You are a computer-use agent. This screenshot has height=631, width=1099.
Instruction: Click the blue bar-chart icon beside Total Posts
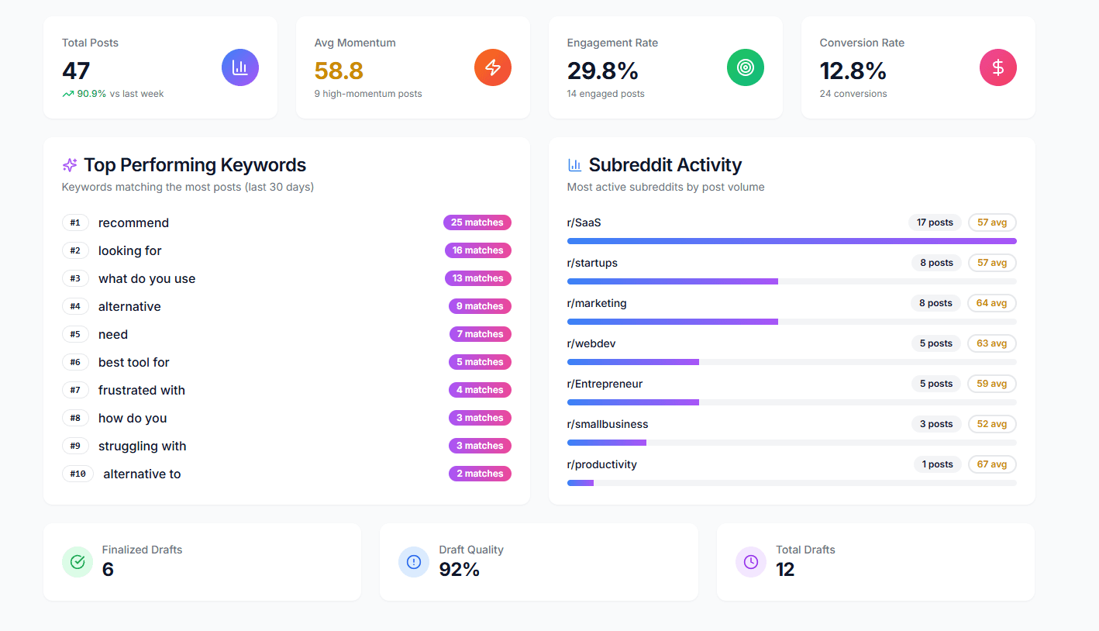point(240,67)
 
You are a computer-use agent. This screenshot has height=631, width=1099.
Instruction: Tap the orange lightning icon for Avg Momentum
point(493,67)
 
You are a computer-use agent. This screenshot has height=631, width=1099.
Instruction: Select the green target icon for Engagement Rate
point(746,67)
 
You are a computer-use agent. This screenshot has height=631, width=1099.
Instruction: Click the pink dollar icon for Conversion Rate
point(998,67)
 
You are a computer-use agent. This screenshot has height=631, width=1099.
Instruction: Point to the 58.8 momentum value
point(339,71)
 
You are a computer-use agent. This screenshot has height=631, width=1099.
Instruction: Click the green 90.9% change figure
point(91,94)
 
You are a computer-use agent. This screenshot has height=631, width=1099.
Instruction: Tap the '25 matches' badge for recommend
point(477,222)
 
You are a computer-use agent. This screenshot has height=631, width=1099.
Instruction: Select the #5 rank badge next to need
point(75,334)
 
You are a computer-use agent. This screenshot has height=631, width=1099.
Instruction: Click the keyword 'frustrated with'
point(142,390)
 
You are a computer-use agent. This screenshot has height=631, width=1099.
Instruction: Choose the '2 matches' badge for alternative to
point(480,474)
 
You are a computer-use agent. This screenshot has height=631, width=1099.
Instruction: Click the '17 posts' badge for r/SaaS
point(935,222)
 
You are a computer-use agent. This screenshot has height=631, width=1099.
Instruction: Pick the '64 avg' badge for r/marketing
point(991,303)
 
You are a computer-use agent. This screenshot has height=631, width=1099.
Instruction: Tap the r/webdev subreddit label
point(591,343)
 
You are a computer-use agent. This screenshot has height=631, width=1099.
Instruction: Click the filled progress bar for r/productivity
point(581,483)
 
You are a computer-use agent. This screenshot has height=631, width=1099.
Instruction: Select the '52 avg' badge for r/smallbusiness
point(991,424)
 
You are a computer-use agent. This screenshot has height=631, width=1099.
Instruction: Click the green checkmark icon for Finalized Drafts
point(78,562)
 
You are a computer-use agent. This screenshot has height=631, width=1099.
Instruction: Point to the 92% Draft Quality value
point(460,570)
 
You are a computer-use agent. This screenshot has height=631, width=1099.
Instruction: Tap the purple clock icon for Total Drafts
point(751,562)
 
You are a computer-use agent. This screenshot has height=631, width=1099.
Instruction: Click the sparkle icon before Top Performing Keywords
point(70,165)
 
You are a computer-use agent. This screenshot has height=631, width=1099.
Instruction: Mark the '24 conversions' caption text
point(853,94)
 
